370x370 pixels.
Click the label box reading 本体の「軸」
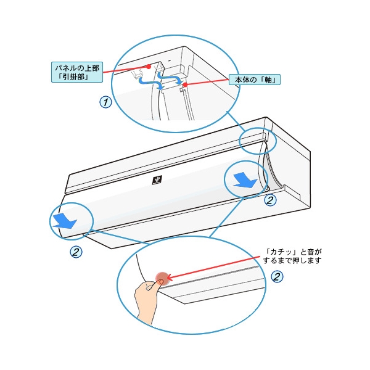[x=254, y=80]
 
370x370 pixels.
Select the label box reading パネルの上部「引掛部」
[x=76, y=72]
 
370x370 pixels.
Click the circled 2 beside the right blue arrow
[x=269, y=200]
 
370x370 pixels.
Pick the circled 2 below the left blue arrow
[x=76, y=252]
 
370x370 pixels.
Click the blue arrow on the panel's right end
[x=245, y=179]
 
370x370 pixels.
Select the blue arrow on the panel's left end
[x=63, y=221]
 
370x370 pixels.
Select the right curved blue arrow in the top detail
[x=169, y=78]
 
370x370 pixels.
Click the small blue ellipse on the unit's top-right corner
[x=258, y=140]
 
